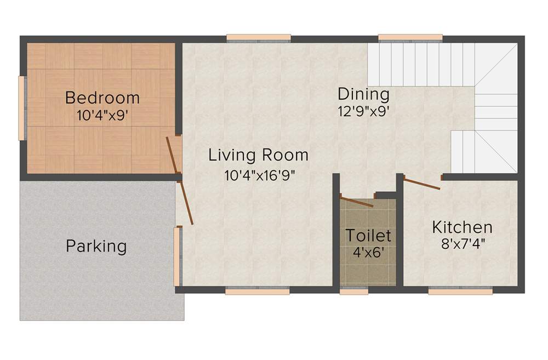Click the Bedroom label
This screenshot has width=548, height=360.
(x=102, y=99)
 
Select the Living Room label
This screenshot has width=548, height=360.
(x=258, y=156)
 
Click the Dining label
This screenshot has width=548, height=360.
(x=363, y=94)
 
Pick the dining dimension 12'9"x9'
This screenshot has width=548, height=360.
(x=363, y=111)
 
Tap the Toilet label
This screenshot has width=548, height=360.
(x=368, y=236)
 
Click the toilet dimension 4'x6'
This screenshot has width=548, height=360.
(x=368, y=253)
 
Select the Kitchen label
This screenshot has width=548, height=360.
(x=462, y=227)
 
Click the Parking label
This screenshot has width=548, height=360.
(x=96, y=246)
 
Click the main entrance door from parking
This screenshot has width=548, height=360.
(x=185, y=203)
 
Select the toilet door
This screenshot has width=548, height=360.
(x=357, y=201)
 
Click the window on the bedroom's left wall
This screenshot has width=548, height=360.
(x=22, y=108)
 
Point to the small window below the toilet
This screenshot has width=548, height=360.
(x=354, y=292)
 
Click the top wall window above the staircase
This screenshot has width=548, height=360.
(x=410, y=37)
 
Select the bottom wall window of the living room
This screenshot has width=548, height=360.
(x=257, y=292)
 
